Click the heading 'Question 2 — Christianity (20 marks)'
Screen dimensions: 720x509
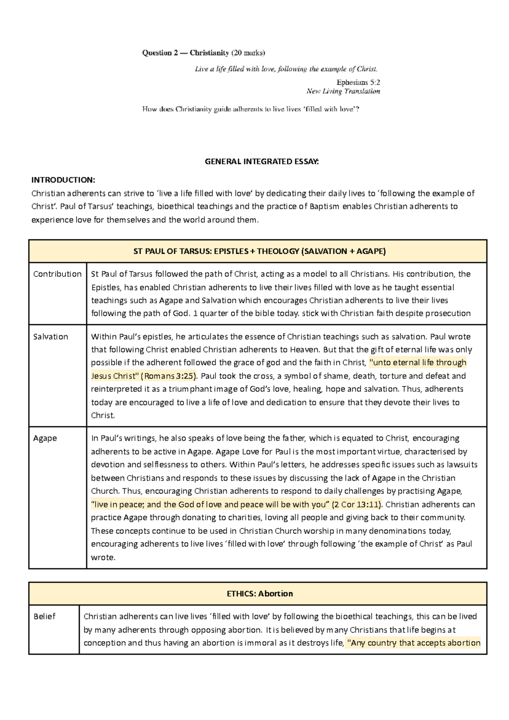pyautogui.click(x=203, y=53)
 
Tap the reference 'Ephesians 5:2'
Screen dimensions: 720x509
pyautogui.click(x=358, y=82)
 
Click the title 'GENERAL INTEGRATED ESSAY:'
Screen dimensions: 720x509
pyautogui.click(x=262, y=161)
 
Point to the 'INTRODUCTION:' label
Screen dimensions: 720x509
pyautogui.click(x=63, y=180)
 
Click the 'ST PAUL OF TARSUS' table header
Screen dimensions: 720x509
pyautogui.click(x=259, y=251)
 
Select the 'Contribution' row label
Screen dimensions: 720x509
pyautogui.click(x=57, y=274)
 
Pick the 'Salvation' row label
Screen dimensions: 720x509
pyautogui.click(x=50, y=337)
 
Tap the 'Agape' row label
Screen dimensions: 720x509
pyautogui.click(x=45, y=438)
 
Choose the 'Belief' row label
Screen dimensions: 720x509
pyautogui.click(x=45, y=616)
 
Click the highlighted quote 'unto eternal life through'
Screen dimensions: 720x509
pyautogui.click(x=418, y=363)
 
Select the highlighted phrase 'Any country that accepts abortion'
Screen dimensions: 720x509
pyautogui.click(x=414, y=643)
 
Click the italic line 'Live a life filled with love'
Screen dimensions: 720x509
pyautogui.click(x=286, y=69)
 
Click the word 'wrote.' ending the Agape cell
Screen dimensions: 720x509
pyautogui.click(x=103, y=558)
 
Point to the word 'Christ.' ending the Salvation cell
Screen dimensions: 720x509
pyautogui.click(x=103, y=415)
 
